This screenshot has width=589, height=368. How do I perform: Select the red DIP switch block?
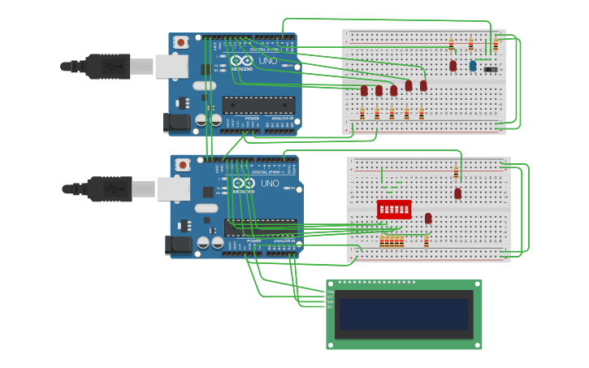(x=394, y=209)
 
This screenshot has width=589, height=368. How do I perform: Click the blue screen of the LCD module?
(x=405, y=314)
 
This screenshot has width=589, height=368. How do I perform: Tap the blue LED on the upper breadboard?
(x=473, y=66)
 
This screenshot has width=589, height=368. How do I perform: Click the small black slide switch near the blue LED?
(x=491, y=69)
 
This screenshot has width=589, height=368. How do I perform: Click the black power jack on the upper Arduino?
(x=175, y=123)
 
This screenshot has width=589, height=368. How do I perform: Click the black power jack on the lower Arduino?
(x=178, y=245)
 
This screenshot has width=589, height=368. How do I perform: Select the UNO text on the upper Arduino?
(x=267, y=61)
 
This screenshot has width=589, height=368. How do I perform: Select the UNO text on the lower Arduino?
(x=269, y=184)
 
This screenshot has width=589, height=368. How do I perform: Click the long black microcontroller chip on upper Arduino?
(x=258, y=105)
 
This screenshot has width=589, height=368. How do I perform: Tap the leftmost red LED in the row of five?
(x=364, y=90)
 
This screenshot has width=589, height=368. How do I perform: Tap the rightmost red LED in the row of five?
(x=423, y=85)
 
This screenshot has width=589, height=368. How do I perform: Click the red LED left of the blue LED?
(x=453, y=66)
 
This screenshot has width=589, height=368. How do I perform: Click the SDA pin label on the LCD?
(x=330, y=301)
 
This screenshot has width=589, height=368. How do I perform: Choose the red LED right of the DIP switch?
(x=428, y=218)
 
